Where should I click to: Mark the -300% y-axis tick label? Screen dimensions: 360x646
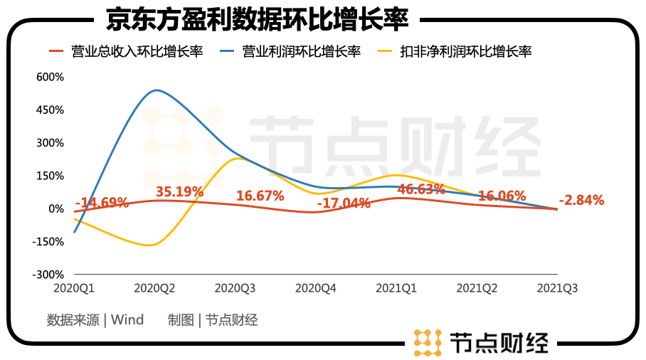48,275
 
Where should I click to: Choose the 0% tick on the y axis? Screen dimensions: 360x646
55,208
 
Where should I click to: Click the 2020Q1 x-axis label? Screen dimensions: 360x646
74,289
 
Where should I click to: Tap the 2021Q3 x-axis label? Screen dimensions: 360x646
556,289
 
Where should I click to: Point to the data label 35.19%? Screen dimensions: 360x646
179,191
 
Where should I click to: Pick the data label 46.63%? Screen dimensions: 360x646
421,189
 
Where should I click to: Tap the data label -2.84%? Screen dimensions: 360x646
581,200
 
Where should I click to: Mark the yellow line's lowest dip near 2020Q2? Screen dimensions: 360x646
149,245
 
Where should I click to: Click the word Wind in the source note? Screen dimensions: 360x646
127,320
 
